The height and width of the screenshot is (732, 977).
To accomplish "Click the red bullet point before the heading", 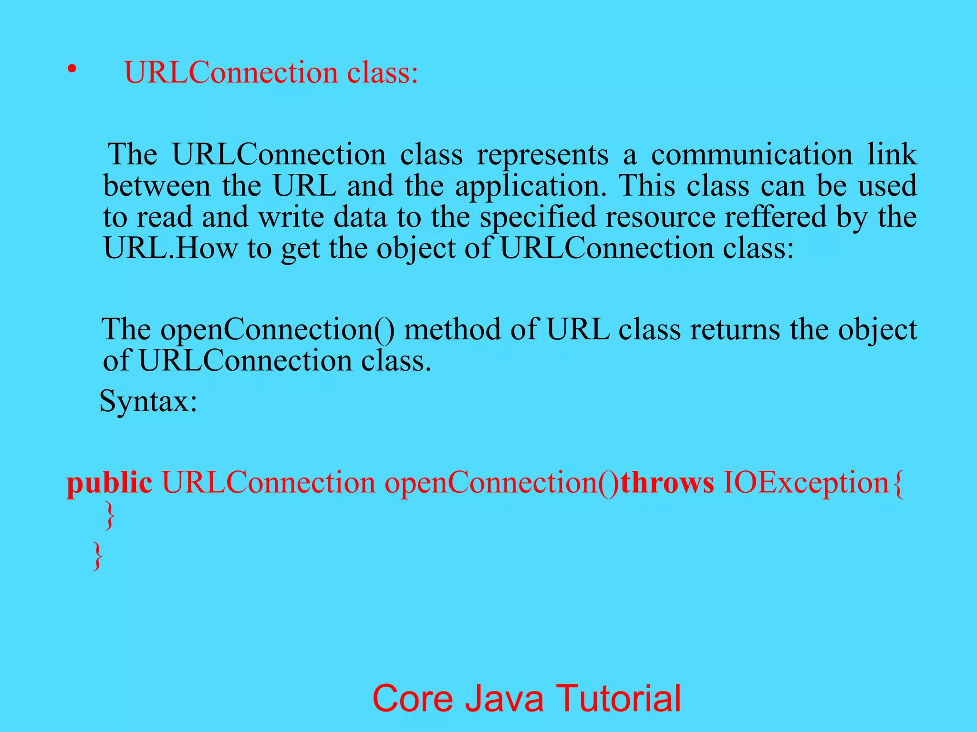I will click(72, 70).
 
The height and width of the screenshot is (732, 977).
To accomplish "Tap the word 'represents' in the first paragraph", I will click(543, 155).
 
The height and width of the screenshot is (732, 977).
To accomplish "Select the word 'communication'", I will click(751, 155).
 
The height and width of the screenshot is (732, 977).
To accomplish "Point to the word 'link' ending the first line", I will click(892, 155).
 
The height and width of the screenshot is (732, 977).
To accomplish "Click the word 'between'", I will click(156, 186).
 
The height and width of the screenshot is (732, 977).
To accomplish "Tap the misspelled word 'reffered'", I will click(775, 217).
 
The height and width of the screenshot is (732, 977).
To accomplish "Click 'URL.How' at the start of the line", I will click(170, 248).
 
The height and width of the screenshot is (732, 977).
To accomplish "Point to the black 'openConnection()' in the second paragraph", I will click(277, 330).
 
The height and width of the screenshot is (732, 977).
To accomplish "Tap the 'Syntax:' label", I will click(148, 401).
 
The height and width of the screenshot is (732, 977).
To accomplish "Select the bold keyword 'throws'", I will click(667, 483).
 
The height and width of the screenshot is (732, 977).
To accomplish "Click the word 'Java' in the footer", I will click(504, 699).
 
